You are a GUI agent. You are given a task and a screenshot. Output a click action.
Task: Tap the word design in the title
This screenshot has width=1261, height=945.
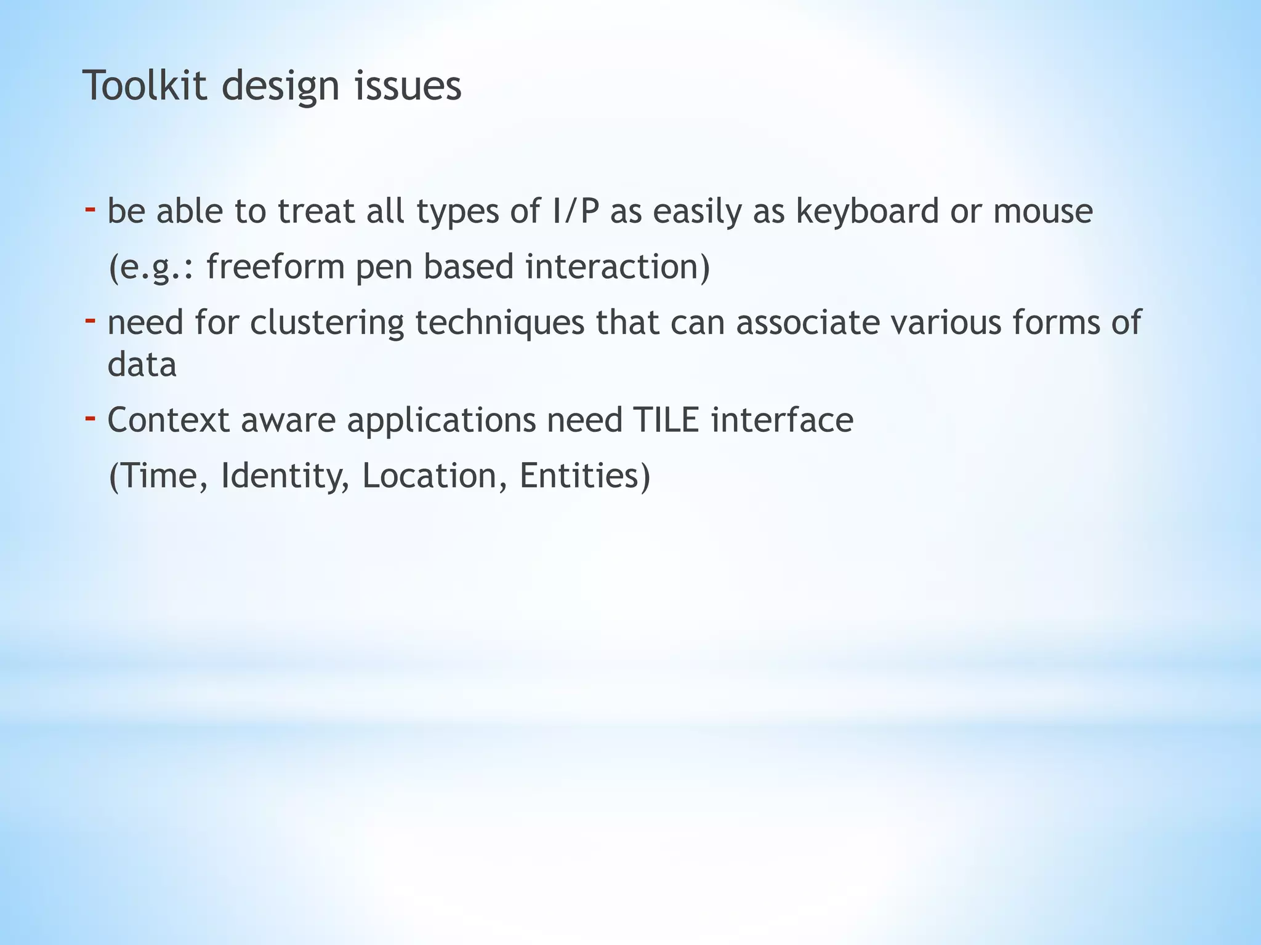coord(280,87)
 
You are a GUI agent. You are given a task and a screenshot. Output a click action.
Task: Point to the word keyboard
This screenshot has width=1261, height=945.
coord(867,211)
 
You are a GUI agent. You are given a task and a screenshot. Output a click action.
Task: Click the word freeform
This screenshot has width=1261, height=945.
coord(275,267)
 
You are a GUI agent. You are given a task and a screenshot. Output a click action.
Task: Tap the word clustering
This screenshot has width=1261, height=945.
coord(326,323)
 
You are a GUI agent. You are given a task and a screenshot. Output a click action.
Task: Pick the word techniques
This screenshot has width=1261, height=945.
coord(499,323)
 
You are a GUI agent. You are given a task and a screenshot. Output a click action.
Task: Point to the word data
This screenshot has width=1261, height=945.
coord(142,364)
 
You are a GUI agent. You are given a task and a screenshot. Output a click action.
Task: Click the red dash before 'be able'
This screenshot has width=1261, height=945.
coord(90,210)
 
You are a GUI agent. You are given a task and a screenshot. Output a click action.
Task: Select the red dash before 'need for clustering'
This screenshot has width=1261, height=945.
coord(90,321)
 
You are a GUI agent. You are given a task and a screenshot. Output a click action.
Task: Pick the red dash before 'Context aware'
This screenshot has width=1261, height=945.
coord(90,418)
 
